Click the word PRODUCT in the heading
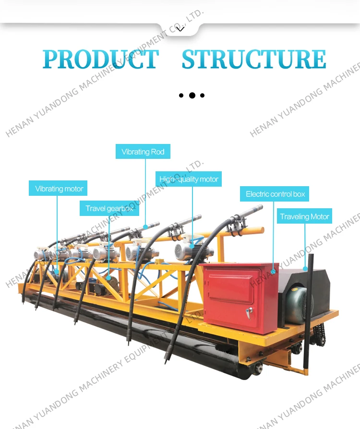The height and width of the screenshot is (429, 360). tap(101, 60)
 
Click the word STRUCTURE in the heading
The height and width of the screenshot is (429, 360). tap(254, 60)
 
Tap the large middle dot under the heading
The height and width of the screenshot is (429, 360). tap(192, 95)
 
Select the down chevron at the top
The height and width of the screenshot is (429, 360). tap(180, 29)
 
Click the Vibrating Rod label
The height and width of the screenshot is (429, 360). tap(143, 152)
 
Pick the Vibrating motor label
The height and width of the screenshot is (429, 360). tap(59, 189)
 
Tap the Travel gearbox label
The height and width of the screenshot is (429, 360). tap(109, 208)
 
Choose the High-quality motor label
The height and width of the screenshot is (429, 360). tap(189, 179)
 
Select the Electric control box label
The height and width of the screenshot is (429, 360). tap(275, 194)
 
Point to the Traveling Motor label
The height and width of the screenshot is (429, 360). tap(305, 216)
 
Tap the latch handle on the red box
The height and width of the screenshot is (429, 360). tap(249, 312)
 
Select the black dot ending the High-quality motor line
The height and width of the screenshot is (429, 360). tap(192, 247)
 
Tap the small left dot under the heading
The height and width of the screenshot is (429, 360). tap(181, 95)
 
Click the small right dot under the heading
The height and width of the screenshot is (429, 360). tap(203, 95)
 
